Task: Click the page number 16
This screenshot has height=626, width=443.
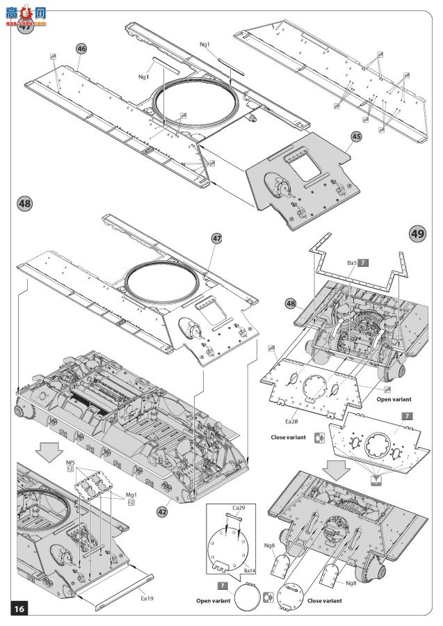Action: pyautogui.click(x=18, y=609)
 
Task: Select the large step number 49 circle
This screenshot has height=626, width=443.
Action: pyautogui.click(x=417, y=234)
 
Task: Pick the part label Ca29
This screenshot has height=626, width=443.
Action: pyautogui.click(x=239, y=508)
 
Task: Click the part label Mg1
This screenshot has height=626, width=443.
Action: pyautogui.click(x=129, y=495)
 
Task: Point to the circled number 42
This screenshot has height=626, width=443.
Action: pyautogui.click(x=162, y=511)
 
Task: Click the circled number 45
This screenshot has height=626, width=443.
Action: pyautogui.click(x=355, y=136)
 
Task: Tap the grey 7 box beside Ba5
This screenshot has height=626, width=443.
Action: pyautogui.click(x=364, y=262)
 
